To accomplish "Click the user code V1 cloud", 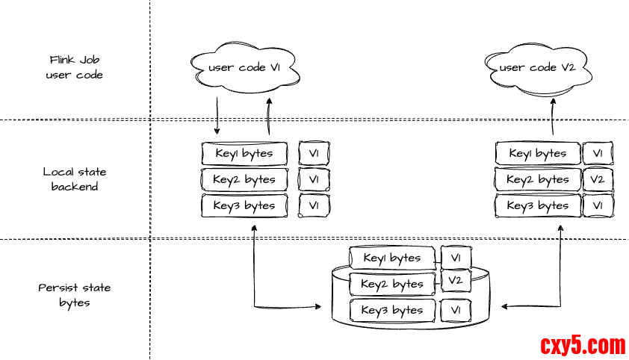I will click(244, 68).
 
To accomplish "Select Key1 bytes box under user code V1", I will click(244, 154).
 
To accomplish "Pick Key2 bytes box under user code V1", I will click(244, 179).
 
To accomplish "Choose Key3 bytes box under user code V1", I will click(244, 205).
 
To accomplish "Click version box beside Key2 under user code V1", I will click(314, 179).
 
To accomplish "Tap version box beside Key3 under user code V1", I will click(314, 205).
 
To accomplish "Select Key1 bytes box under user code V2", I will click(538, 154).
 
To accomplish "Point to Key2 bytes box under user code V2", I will click(538, 179).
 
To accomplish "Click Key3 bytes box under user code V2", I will click(538, 205).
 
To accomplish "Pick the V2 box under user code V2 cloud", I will click(598, 179).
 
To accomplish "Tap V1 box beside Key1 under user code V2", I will click(598, 154).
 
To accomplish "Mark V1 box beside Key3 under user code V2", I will click(598, 205).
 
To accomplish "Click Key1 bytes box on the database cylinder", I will click(391, 258).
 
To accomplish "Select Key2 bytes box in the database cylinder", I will click(391, 284).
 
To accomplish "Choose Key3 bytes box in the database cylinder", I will click(391, 310).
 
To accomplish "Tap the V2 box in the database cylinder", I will click(456, 281).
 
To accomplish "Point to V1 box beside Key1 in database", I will click(456, 258).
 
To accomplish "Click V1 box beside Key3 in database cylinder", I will click(456, 310).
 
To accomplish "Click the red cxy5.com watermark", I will click(583, 346).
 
